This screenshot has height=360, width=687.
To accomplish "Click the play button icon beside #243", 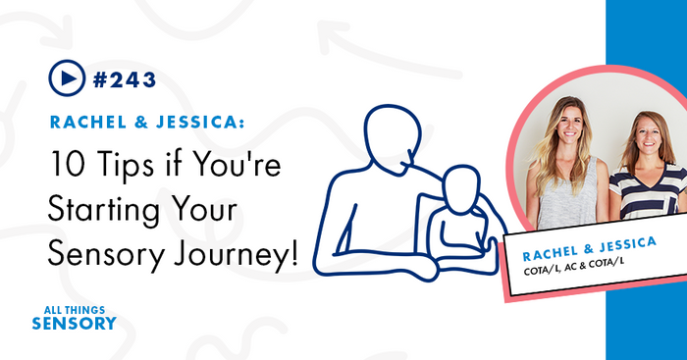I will click(63, 77).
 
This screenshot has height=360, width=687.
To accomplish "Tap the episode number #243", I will click(123, 77).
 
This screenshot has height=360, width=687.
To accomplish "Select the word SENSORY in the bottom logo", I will click(74, 323).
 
